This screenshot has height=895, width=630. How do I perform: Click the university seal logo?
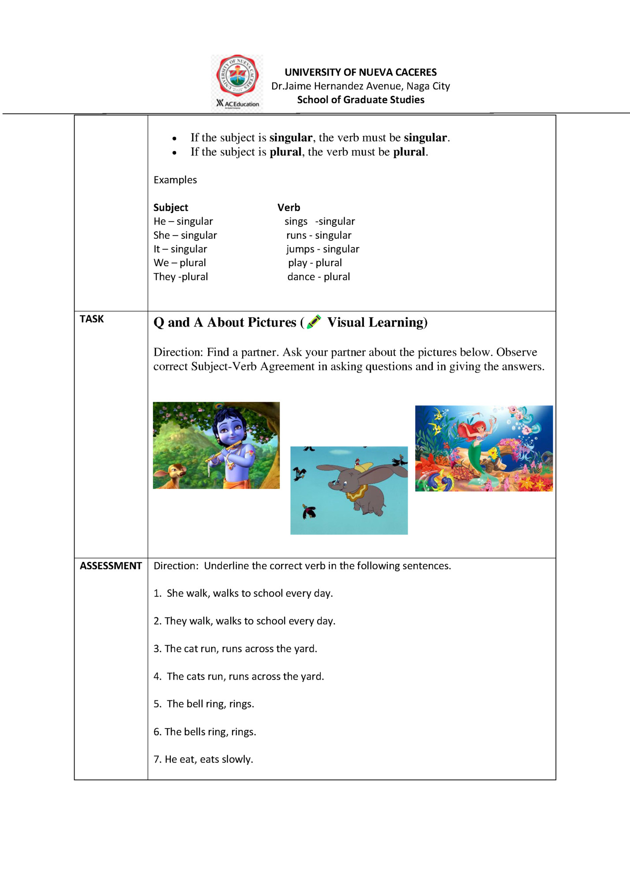click(237, 76)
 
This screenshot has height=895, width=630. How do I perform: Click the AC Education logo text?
click(238, 104)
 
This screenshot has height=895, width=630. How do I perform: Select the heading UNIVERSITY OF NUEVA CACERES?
click(360, 72)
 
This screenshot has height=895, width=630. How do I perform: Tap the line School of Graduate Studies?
click(360, 100)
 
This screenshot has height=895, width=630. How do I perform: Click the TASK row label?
click(92, 319)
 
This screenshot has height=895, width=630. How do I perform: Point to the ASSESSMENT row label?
click(111, 566)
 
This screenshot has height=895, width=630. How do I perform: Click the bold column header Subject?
click(171, 208)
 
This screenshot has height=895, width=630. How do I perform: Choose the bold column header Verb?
click(289, 208)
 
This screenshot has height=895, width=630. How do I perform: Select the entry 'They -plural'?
click(181, 277)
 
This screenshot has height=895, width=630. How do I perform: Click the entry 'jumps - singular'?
click(322, 249)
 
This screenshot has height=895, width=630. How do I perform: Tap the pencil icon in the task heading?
click(314, 322)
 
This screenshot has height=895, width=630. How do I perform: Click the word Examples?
click(175, 180)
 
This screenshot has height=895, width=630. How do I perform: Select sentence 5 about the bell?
click(204, 704)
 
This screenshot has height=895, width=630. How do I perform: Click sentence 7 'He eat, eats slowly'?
click(203, 760)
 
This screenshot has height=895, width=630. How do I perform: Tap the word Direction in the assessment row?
click(176, 566)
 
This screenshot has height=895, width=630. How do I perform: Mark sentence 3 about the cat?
click(236, 649)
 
